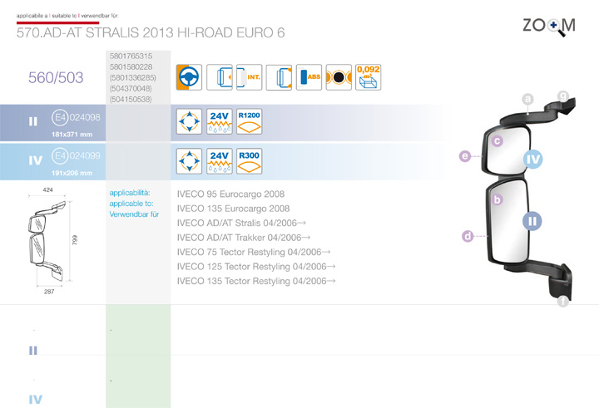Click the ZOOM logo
click(548, 26)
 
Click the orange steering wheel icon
click(190, 77)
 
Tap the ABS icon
click(309, 77)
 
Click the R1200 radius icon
click(249, 121)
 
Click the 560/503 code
click(56, 78)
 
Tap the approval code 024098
click(86, 117)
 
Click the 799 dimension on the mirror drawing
click(76, 240)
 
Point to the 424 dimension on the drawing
click(48, 190)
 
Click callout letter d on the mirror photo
click(468, 236)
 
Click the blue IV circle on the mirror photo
click(533, 160)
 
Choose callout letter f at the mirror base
click(563, 302)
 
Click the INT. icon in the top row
click(250, 77)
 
